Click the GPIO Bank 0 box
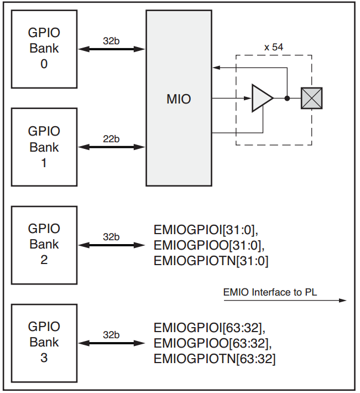pyautogui.click(x=44, y=49)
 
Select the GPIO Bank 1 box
pyautogui.click(x=44, y=147)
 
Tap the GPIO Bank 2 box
pyautogui.click(x=44, y=244)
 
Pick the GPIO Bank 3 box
pyautogui.click(x=44, y=342)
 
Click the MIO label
pyautogui.click(x=178, y=100)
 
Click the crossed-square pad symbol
pyautogui.click(x=311, y=99)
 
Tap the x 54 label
pyautogui.click(x=274, y=47)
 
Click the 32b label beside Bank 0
pyautogui.click(x=111, y=41)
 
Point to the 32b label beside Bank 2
pyautogui.click(x=111, y=237)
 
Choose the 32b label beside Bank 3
pyautogui.click(x=111, y=335)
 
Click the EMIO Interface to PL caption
pyautogui.click(x=270, y=292)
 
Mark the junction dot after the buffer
pyautogui.click(x=287, y=99)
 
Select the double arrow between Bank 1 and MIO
pyautogui.click(x=111, y=147)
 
